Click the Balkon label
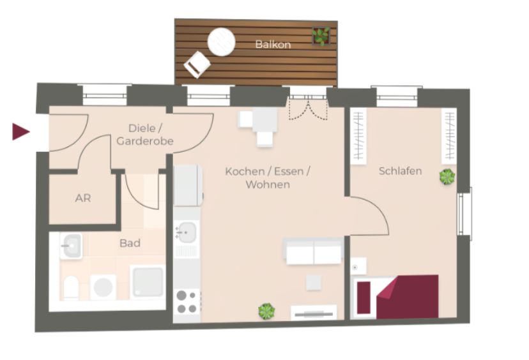(x=273, y=45)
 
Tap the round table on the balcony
(x=221, y=41)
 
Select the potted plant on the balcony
(x=321, y=36)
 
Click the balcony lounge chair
(x=197, y=64)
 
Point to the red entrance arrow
(x=21, y=131)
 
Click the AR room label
(x=83, y=199)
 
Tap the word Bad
(x=130, y=243)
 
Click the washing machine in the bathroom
(x=103, y=287)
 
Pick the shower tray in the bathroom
(x=148, y=281)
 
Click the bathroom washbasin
(x=71, y=246)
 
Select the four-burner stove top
(x=187, y=302)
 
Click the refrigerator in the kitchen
(x=188, y=185)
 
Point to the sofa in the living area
(x=314, y=251)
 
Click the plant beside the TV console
(x=266, y=311)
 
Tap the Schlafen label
(x=400, y=171)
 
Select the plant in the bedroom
(x=447, y=177)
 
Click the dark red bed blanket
(x=407, y=297)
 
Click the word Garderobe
(x=145, y=141)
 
